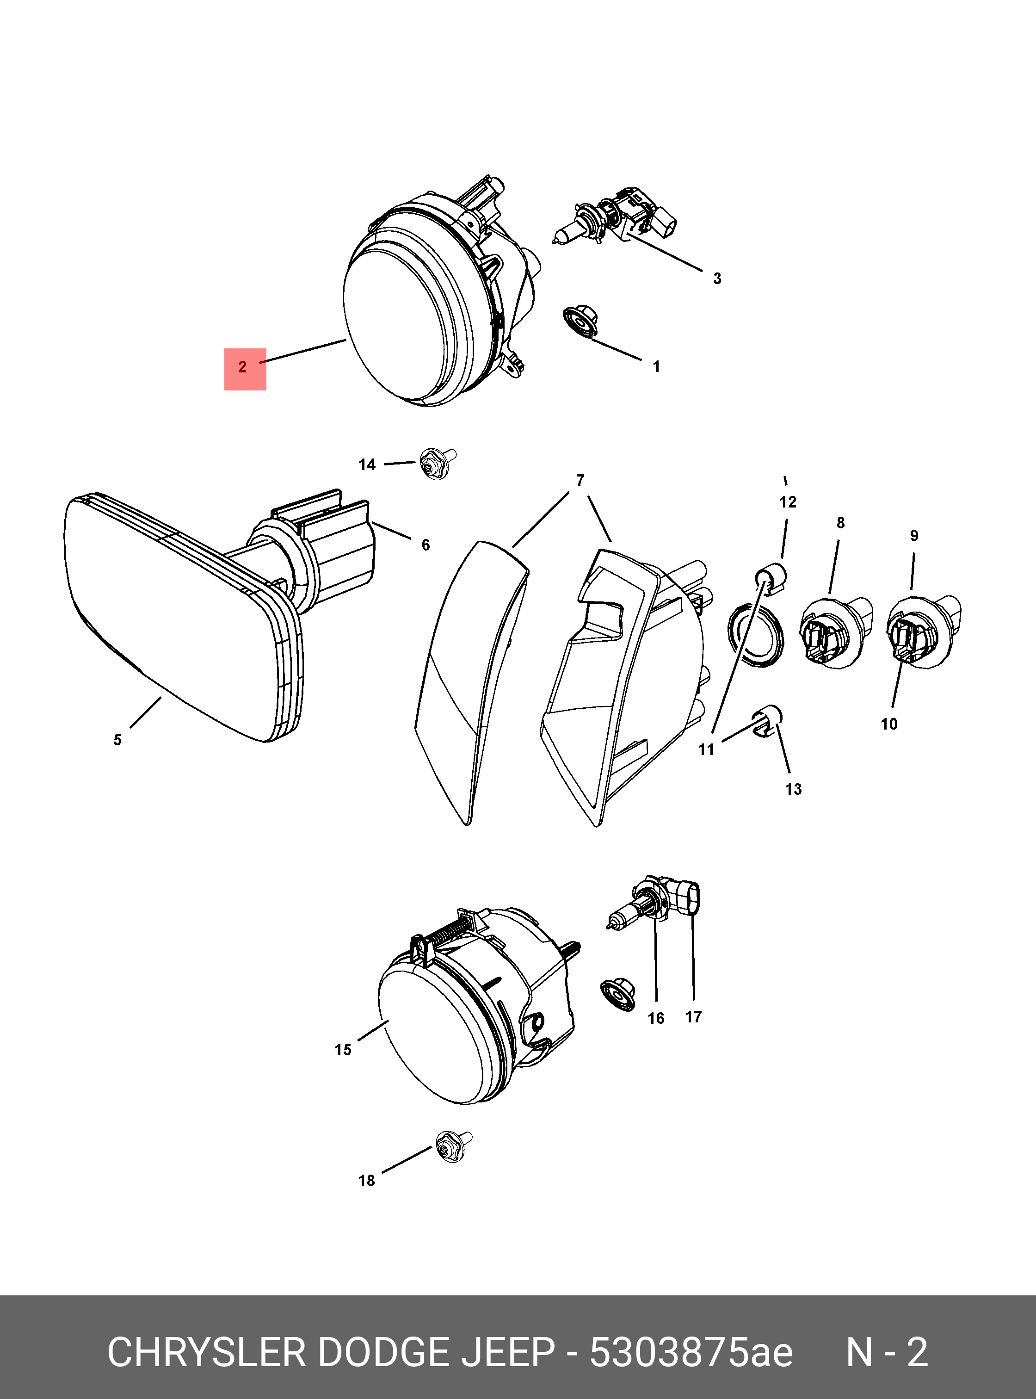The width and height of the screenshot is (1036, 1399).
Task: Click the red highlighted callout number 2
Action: click(x=245, y=369)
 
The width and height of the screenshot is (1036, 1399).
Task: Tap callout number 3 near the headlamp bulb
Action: click(x=717, y=279)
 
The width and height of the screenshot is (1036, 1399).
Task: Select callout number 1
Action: click(x=656, y=366)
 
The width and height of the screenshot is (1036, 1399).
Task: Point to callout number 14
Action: click(x=367, y=465)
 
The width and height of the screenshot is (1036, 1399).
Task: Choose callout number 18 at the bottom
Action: click(x=366, y=1181)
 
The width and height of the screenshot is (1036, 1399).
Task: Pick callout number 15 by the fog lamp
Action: click(x=343, y=1050)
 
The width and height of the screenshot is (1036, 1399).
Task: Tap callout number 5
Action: click(x=117, y=740)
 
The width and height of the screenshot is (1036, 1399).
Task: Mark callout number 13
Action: click(x=793, y=789)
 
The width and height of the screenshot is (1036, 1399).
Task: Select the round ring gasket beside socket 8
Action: click(x=755, y=634)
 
